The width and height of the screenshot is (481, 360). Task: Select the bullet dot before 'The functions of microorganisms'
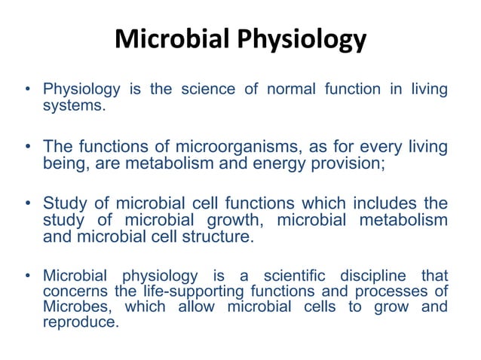(28, 147)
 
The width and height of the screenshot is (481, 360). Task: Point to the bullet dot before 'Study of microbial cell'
(28, 204)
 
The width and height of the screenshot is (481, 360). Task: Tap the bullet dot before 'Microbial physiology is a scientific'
(28, 274)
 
